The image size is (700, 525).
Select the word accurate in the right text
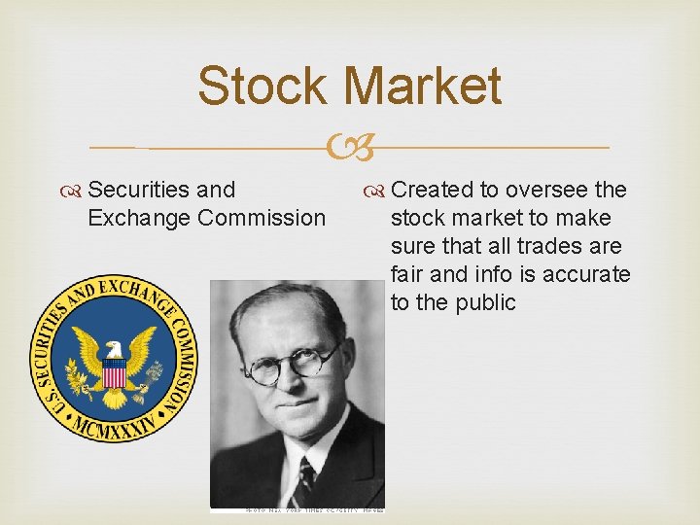point(586,273)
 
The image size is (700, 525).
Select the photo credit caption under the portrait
point(298,507)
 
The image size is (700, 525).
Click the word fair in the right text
point(408,273)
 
